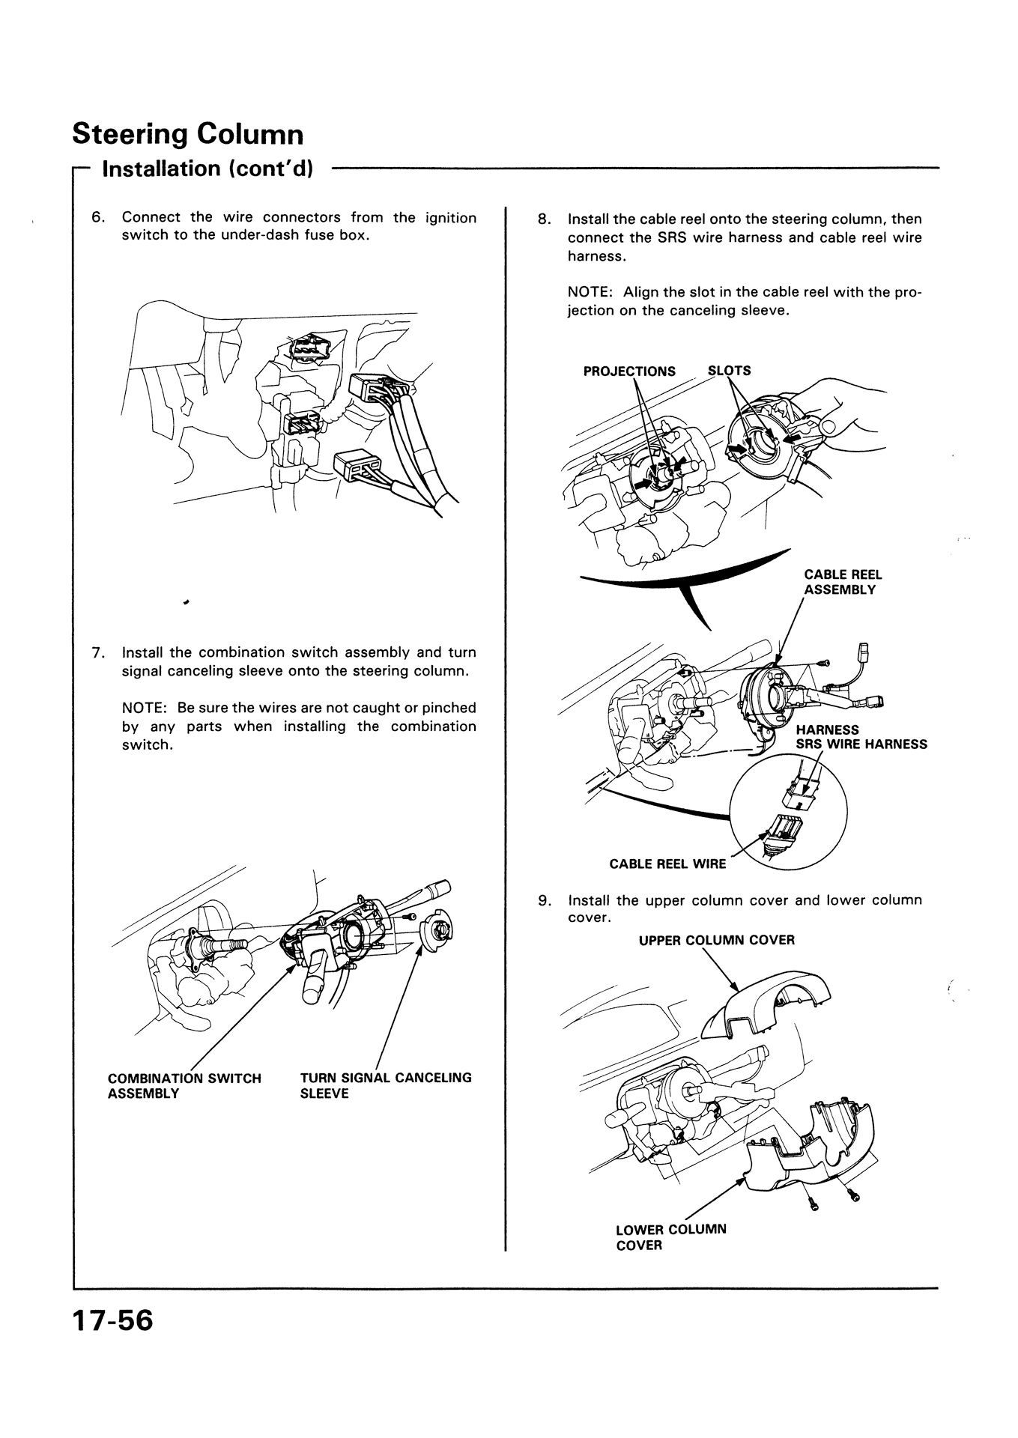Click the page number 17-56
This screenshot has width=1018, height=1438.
point(112,1320)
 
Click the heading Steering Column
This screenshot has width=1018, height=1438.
point(188,135)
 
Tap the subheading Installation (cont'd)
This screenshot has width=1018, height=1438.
point(207,169)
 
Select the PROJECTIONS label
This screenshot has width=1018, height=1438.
point(629,371)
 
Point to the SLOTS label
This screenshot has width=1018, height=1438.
point(729,370)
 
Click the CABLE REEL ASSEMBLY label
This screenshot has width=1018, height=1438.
point(842,582)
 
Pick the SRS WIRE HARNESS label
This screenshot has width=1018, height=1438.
point(861,744)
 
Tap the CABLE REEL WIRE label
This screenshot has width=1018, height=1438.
point(667,864)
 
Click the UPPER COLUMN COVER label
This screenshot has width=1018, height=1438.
point(716,940)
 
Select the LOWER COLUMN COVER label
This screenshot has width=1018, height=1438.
point(670,1237)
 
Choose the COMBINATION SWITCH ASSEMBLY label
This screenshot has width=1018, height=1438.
point(184,1085)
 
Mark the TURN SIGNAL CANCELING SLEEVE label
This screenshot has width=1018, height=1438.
point(386,1085)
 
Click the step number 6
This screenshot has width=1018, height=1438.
point(97,218)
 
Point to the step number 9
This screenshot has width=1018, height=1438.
point(544,900)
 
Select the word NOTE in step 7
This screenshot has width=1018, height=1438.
point(142,708)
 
